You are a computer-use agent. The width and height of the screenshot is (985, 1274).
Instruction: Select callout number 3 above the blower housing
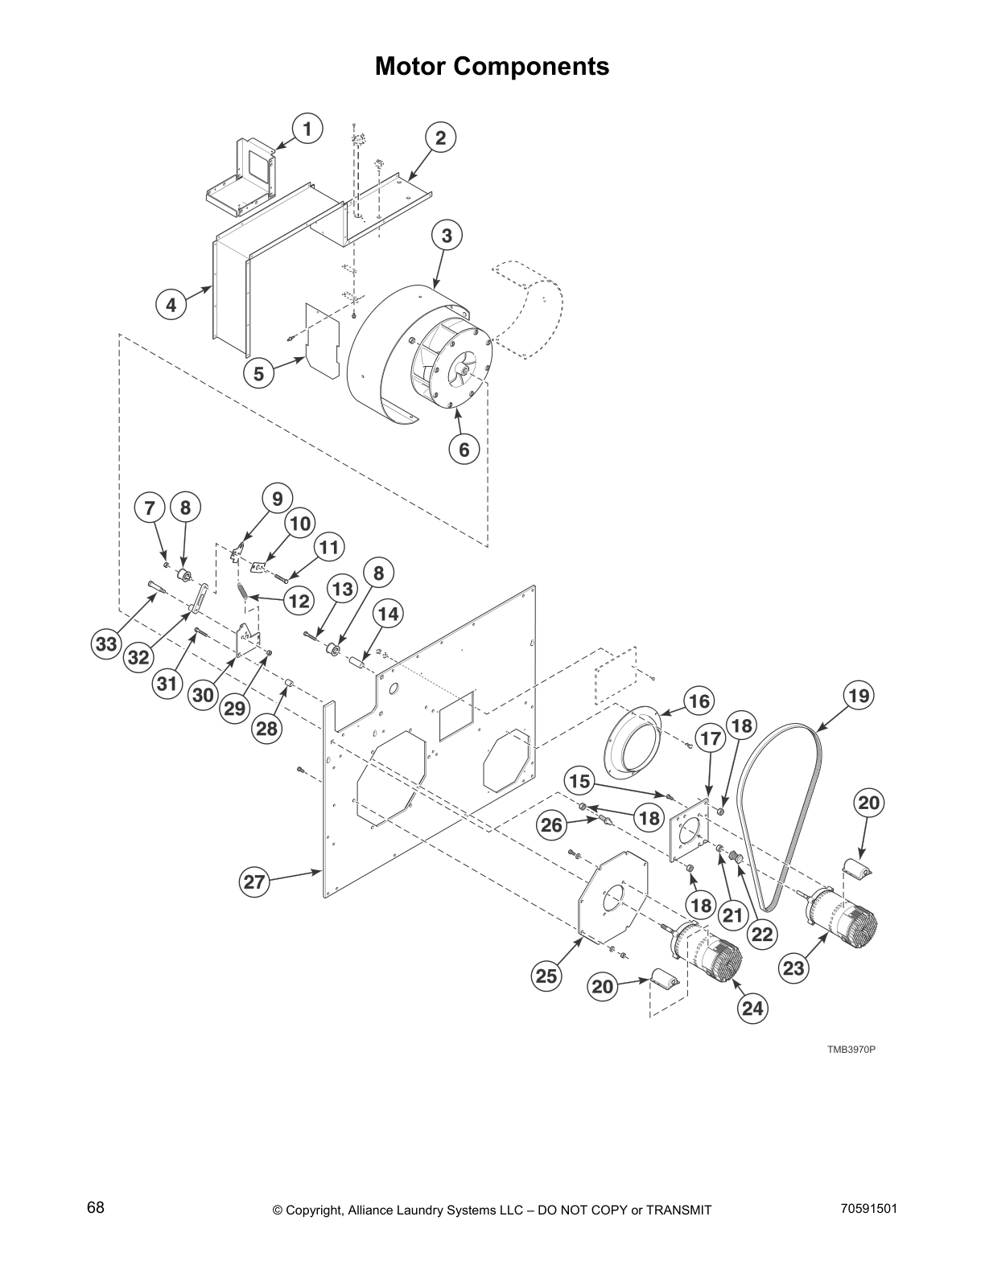click(447, 236)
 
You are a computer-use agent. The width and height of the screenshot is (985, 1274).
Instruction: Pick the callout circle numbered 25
click(546, 976)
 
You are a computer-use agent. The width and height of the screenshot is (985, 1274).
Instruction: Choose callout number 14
click(388, 614)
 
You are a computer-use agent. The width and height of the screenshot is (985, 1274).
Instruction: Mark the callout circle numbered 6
click(464, 450)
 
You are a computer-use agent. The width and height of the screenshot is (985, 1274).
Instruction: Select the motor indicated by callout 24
click(708, 953)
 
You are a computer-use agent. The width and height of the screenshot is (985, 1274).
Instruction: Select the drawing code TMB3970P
click(851, 1050)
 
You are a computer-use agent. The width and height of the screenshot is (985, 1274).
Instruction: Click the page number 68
click(96, 1207)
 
